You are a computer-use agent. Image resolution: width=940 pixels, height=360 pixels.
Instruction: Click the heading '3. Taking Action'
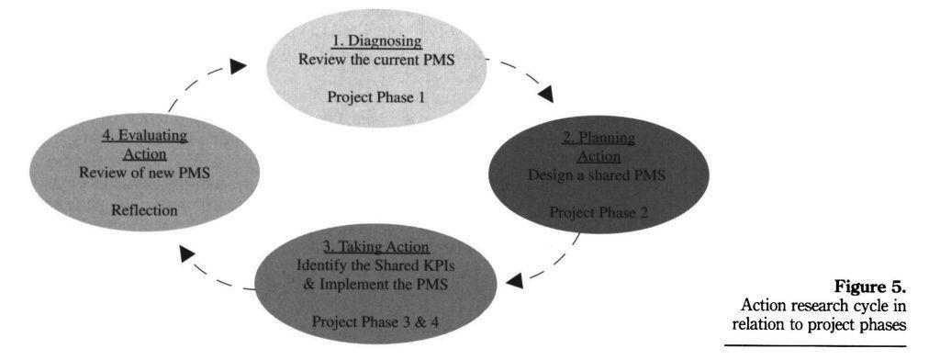[x=376, y=248]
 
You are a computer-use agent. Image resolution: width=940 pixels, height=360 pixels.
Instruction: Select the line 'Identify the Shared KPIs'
[x=376, y=265]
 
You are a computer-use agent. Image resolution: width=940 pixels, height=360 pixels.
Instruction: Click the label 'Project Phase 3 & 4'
[x=376, y=320]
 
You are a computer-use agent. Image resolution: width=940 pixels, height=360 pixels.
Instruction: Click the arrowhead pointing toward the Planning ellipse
[x=547, y=92]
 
